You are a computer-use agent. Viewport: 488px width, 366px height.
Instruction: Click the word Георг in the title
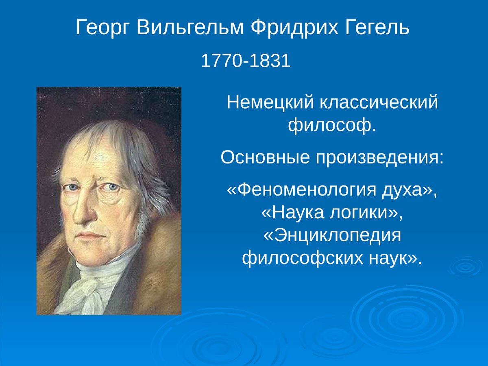point(102,28)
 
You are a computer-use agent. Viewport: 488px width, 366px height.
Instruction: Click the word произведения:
point(378,157)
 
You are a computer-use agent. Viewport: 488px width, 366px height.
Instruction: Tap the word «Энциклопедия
point(332,236)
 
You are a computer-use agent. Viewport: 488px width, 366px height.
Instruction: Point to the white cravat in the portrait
point(91,285)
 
